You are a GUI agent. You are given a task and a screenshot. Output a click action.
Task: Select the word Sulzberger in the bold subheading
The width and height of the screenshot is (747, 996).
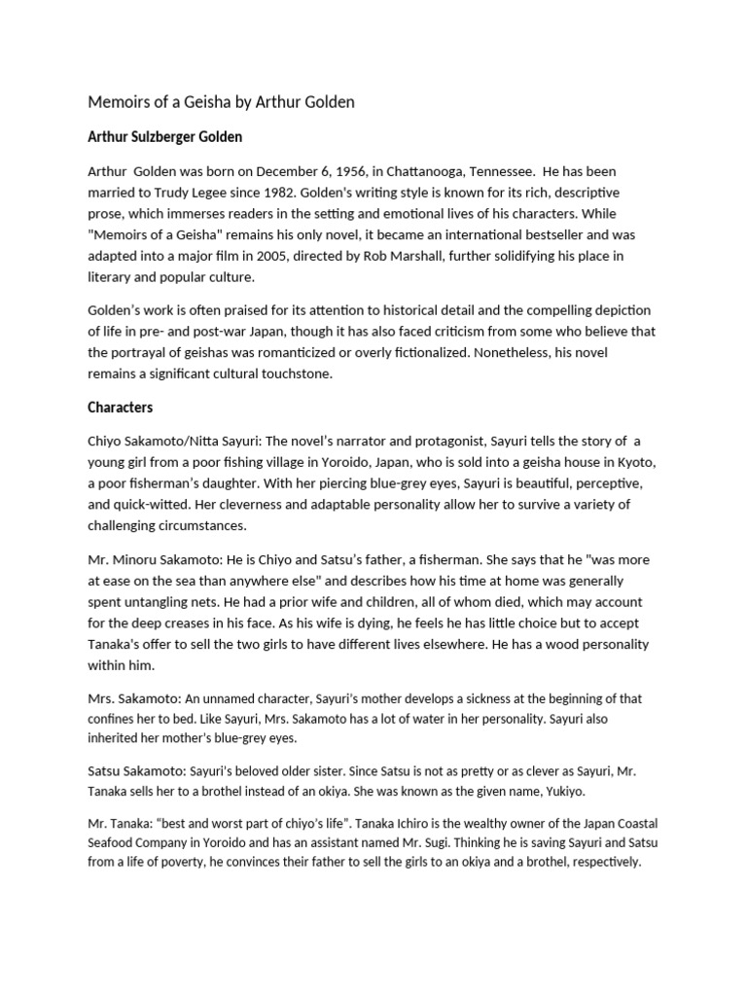pos(179,136)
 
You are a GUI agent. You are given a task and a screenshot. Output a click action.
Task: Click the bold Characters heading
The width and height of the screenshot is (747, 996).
pos(121,407)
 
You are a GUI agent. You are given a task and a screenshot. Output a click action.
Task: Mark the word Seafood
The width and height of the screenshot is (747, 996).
pos(115,844)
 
